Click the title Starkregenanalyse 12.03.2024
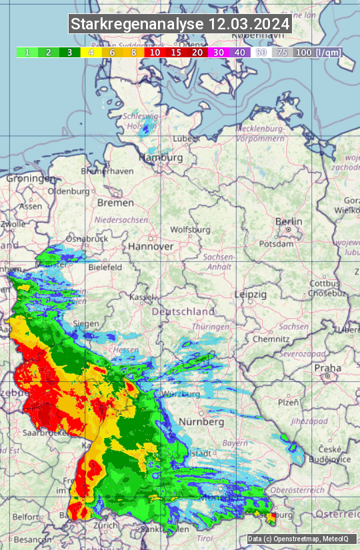180,25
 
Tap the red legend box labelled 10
155,52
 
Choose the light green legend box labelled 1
27,52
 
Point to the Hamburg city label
161,158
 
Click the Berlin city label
289,222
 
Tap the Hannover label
151,246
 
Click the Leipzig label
251,294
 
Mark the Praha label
328,367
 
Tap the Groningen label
31,179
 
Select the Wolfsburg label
190,229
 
